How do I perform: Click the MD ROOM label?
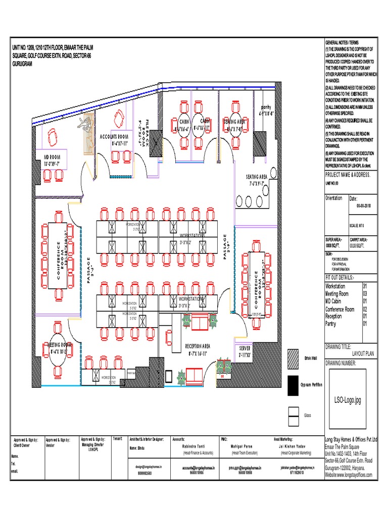[x=52, y=157]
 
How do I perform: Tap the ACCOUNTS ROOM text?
[x=115, y=137]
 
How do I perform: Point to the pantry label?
[x=266, y=108]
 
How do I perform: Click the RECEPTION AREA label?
[x=201, y=346]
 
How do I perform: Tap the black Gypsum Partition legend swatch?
[x=293, y=385]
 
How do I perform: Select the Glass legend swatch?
[x=293, y=414]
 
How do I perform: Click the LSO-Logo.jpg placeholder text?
[x=348, y=400]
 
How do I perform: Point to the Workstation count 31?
[x=365, y=286]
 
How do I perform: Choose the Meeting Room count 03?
[x=365, y=294]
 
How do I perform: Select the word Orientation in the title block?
[x=334, y=198]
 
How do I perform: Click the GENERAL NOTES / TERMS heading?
[x=343, y=42]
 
